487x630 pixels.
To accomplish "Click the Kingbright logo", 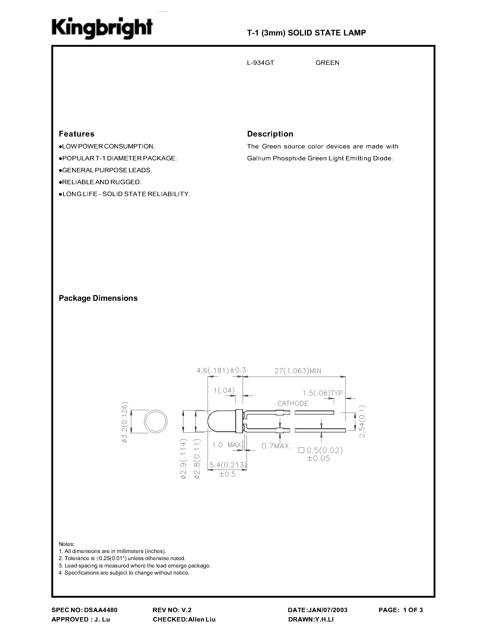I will pyautogui.click(x=102, y=29).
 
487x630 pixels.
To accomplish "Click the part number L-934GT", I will pyautogui.click(x=261, y=63).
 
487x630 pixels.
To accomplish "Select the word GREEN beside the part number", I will pyautogui.click(x=327, y=63).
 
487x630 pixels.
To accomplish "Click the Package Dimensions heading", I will pyautogui.click(x=98, y=298).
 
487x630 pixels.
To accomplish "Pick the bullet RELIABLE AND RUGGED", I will pyautogui.click(x=100, y=182).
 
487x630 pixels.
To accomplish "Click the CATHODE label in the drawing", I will pyautogui.click(x=293, y=403).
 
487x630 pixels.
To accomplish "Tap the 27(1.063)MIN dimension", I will pyautogui.click(x=298, y=371).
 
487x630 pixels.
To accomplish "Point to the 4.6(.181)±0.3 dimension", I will pyautogui.click(x=221, y=370).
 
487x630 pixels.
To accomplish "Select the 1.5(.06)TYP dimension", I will pyautogui.click(x=322, y=393).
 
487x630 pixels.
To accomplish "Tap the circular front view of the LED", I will pyautogui.click(x=156, y=422).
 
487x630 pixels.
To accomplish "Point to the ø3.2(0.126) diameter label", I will pyautogui.click(x=124, y=422).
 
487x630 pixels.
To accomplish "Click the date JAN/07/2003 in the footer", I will pyautogui.click(x=318, y=610).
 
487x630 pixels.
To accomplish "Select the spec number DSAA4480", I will pyautogui.click(x=101, y=610).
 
